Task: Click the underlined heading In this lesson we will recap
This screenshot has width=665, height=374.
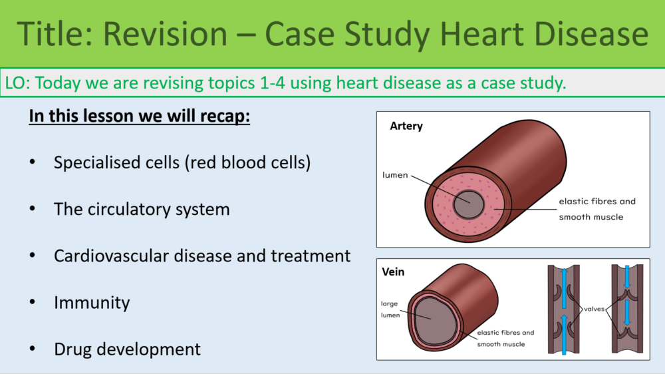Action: (x=139, y=116)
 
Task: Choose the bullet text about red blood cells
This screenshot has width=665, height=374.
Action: (x=182, y=162)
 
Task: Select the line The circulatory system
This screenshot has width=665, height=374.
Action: (x=142, y=209)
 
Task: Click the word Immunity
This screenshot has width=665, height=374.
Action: (x=92, y=302)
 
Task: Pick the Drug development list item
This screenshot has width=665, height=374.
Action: (x=127, y=349)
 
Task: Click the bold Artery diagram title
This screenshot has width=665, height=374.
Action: (x=406, y=126)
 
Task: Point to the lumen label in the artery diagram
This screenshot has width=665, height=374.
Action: (x=394, y=176)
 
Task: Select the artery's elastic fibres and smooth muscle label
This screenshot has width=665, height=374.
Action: (x=597, y=209)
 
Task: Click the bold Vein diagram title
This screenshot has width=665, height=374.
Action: (x=393, y=272)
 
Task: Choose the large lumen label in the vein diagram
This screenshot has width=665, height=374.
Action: (x=390, y=309)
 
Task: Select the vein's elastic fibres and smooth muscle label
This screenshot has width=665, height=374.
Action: (x=505, y=338)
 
